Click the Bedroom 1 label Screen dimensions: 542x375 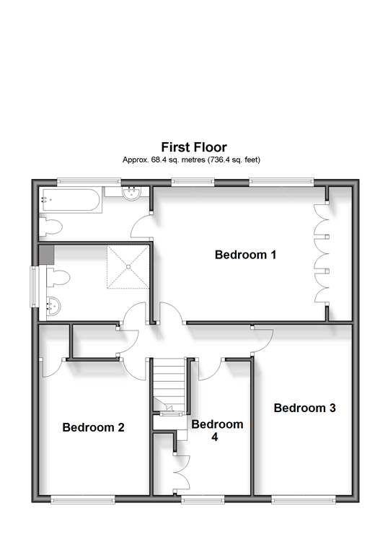pyautogui.click(x=245, y=255)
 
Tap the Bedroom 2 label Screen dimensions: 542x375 pyautogui.click(x=93, y=427)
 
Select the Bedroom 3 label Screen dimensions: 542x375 pyautogui.click(x=304, y=408)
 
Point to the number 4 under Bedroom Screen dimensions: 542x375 pyautogui.click(x=214, y=437)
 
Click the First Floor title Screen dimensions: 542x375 pyautogui.click(x=194, y=147)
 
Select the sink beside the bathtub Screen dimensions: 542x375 pyautogui.click(x=131, y=193)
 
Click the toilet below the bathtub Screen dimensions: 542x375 pyautogui.click(x=52, y=227)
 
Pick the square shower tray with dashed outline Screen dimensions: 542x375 pyautogui.click(x=128, y=266)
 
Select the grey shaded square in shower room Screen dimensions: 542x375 pyautogui.click(x=46, y=253)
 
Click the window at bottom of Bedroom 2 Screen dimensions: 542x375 pyautogui.click(x=82, y=498)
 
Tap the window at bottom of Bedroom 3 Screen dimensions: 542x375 pyautogui.click(x=304, y=498)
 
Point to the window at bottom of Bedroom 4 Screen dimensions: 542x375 pyautogui.click(x=202, y=498)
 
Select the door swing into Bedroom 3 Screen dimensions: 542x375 pyautogui.click(x=263, y=339)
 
